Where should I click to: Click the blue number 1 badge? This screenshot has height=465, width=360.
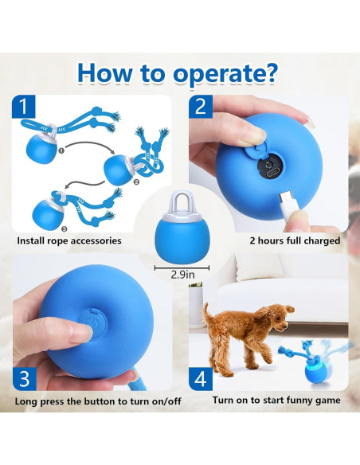point(24,107)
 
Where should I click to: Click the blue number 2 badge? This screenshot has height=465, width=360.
point(201,107)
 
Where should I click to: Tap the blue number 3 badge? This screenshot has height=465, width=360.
point(25,379)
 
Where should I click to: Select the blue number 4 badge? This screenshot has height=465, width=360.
point(201,379)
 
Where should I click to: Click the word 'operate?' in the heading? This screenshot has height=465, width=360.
point(225,73)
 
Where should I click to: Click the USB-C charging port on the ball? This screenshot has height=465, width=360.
point(272,173)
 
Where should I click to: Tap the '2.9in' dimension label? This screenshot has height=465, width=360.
point(182,275)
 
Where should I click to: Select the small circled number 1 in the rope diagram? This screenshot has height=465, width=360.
point(61,151)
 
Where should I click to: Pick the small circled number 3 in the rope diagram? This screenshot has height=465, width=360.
point(65,229)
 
